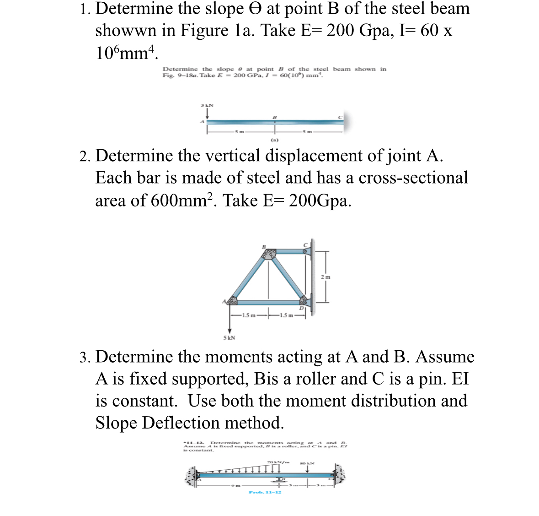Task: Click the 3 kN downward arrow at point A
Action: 207,114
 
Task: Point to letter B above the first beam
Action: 274,117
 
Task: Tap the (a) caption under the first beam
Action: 274,140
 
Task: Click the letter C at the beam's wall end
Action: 340,117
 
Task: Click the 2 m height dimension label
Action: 326,277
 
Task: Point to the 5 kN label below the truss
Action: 229,338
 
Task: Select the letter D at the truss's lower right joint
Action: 301,308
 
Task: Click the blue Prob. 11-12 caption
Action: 265,492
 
